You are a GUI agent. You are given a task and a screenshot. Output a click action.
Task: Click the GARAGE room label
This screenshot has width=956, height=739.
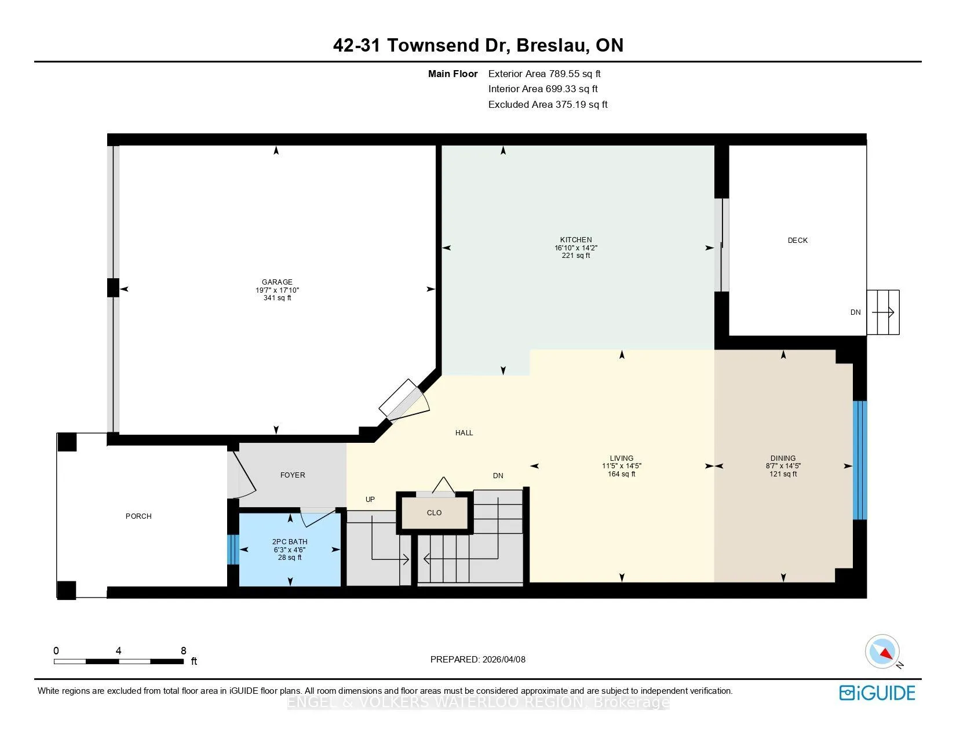point(277,282)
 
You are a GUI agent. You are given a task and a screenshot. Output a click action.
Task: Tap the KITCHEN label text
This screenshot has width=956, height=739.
point(575,240)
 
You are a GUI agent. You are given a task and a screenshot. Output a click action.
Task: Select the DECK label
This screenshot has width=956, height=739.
point(797,241)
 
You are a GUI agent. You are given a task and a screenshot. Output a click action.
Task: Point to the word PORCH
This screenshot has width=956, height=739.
point(138,516)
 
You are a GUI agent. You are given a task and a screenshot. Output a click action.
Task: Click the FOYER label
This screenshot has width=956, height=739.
point(293,475)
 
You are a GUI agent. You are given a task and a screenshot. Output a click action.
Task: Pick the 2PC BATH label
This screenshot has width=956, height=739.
point(290,542)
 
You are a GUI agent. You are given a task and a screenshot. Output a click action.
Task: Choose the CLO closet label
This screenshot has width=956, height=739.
point(434,513)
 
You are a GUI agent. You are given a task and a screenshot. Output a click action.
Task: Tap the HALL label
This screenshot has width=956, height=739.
point(464,432)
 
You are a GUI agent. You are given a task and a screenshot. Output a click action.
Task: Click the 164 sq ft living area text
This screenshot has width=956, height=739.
point(621,474)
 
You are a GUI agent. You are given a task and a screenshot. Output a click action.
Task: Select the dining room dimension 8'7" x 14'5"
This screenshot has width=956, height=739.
point(783,465)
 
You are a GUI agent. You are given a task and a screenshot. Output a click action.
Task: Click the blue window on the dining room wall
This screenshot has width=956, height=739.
point(860,460)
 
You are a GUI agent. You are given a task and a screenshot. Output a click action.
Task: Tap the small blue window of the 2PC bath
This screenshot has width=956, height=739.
point(233,549)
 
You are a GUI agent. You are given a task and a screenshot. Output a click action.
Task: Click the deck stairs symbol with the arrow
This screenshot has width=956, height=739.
point(883,312)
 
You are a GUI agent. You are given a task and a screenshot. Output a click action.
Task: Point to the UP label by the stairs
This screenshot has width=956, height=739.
point(370,499)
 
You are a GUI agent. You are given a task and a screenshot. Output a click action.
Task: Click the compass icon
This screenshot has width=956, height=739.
point(882,651)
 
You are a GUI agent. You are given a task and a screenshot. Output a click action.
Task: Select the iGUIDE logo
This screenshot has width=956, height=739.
point(877,693)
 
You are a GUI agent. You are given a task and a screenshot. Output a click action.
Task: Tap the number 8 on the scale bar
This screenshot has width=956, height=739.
point(184,650)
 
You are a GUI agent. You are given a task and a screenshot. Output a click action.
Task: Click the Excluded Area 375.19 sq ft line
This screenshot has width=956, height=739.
point(548,104)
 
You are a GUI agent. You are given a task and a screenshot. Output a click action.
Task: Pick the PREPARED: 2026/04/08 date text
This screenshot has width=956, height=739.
point(478,660)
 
